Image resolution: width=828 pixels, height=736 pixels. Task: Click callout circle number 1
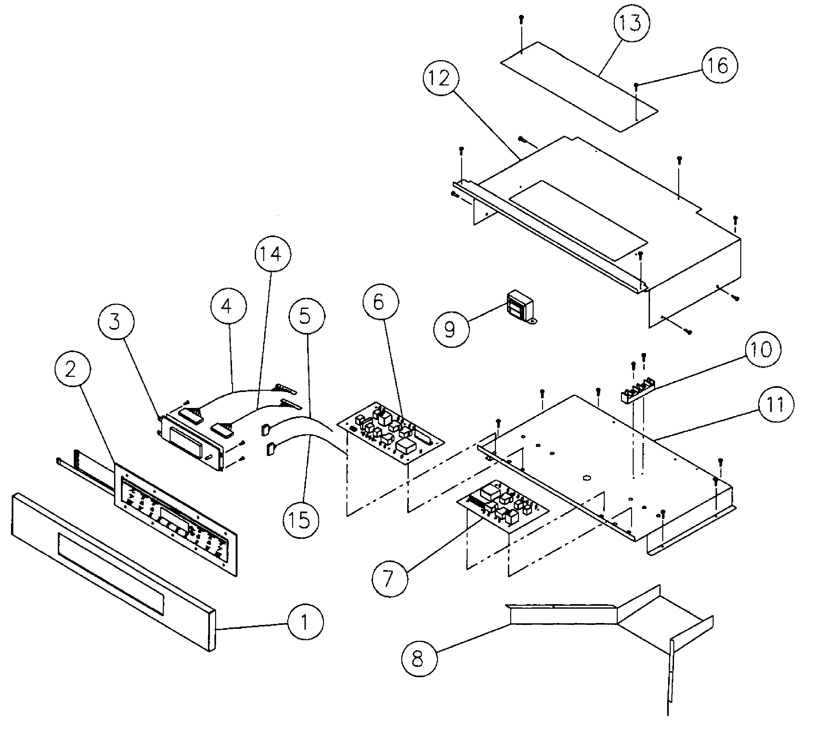pyautogui.click(x=305, y=622)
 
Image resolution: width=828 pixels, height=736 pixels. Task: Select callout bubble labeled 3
pyautogui.click(x=116, y=322)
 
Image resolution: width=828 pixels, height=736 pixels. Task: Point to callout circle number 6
pyautogui.click(x=381, y=302)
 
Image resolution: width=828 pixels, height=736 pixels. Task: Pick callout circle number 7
pyautogui.click(x=390, y=579)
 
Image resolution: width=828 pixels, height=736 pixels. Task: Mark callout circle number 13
pyautogui.click(x=631, y=23)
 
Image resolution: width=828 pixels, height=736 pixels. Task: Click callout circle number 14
pyautogui.click(x=273, y=254)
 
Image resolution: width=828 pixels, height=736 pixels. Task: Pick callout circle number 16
pyautogui.click(x=719, y=66)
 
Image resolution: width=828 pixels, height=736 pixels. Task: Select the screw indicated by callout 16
pyautogui.click(x=636, y=85)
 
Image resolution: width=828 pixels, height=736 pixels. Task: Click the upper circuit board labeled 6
pyautogui.click(x=391, y=433)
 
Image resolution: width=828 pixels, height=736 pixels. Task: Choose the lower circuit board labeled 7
pyautogui.click(x=502, y=506)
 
